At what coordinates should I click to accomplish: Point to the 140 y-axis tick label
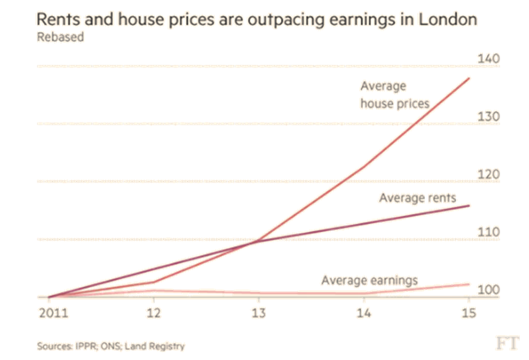tap(488, 59)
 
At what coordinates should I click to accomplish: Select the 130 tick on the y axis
tap(488, 116)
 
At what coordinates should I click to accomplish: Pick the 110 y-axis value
tap(488, 232)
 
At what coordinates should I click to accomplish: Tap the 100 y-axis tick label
tap(488, 289)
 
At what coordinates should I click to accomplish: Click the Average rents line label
tap(417, 198)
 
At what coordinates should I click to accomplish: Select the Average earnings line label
tap(369, 280)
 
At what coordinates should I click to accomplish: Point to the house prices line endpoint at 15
tap(469, 77)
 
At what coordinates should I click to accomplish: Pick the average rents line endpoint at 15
tap(469, 205)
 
